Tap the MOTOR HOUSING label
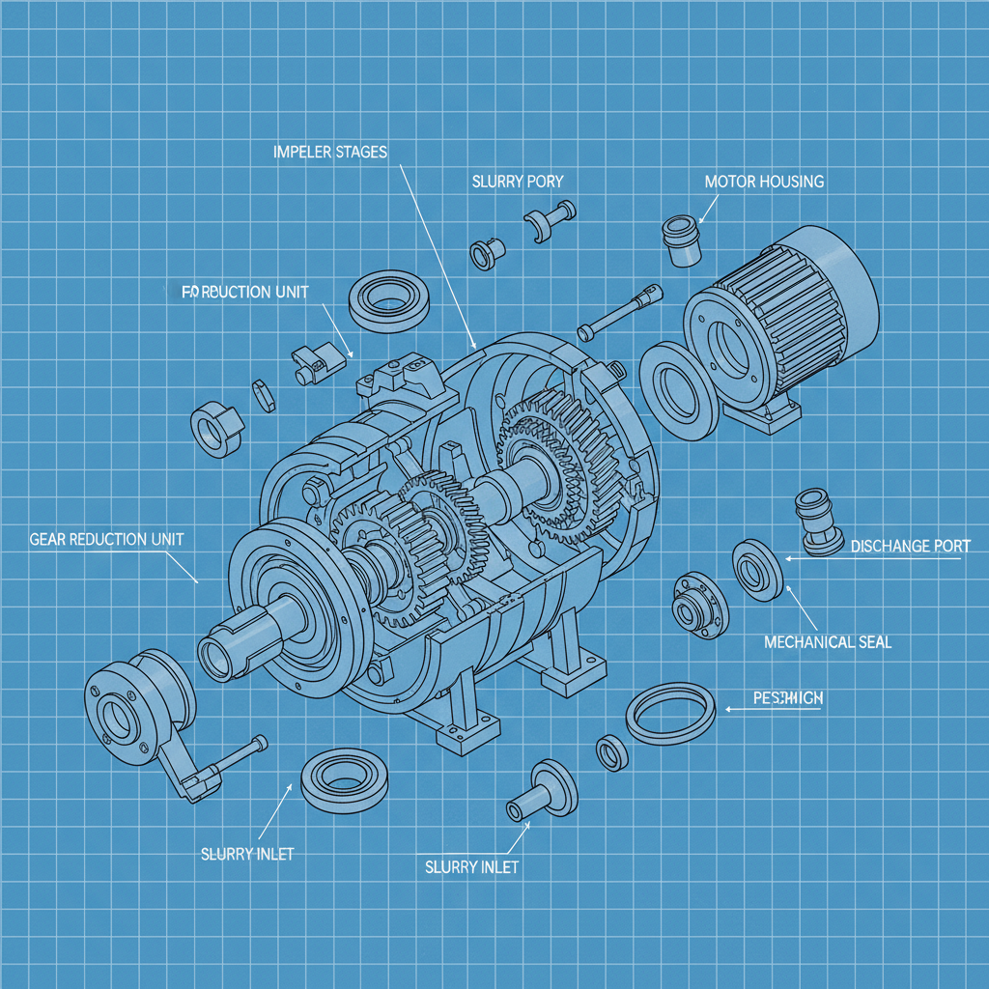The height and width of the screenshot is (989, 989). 763,182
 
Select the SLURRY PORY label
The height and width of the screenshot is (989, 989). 517,182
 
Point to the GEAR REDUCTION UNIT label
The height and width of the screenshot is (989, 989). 106,539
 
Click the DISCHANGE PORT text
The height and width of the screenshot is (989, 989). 910,546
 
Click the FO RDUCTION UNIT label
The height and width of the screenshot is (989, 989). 245,292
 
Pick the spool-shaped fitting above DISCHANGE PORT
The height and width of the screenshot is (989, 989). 816,522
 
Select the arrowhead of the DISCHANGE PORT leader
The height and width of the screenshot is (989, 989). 788,558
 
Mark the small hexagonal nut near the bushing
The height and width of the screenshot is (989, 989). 263,394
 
